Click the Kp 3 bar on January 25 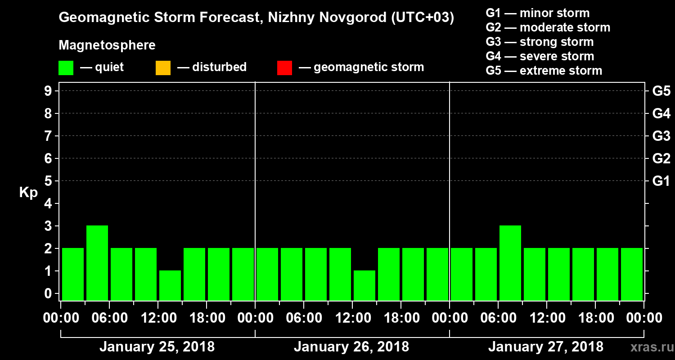(97, 263)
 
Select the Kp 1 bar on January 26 (364, 285)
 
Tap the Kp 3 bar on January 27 (510, 263)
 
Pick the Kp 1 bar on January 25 (170, 285)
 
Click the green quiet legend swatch (66, 67)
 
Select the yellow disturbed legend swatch (163, 67)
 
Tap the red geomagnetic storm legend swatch (284, 67)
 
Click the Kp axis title (28, 193)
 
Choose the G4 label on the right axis (661, 114)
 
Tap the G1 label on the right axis (661, 181)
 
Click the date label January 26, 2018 (351, 347)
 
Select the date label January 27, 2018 (546, 347)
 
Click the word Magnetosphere (107, 45)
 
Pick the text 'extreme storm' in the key (561, 71)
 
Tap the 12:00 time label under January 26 (352, 318)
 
